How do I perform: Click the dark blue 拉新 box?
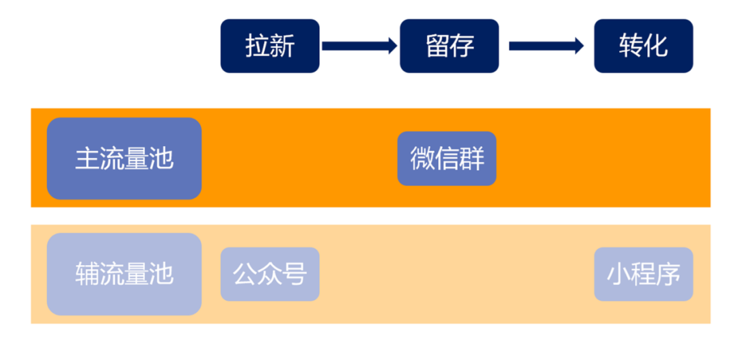[x=270, y=46]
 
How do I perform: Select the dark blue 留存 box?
[x=450, y=46]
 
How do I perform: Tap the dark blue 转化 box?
[x=644, y=46]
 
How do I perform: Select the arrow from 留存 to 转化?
[x=545, y=46]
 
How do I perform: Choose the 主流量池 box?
[x=124, y=158]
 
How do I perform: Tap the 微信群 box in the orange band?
[x=447, y=158]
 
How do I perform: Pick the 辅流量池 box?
[x=124, y=274]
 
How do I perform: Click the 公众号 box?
[x=270, y=274]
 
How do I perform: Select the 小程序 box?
[x=644, y=274]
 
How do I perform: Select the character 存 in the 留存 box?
[x=462, y=46]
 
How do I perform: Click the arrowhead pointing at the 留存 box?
[x=391, y=46]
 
